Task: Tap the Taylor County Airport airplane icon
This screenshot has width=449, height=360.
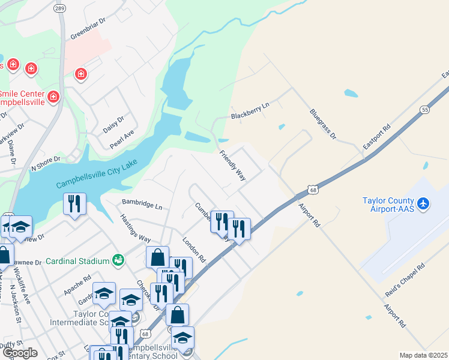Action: point(424,204)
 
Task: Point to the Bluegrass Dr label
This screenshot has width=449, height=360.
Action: point(322,124)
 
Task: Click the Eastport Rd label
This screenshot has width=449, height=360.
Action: point(377,137)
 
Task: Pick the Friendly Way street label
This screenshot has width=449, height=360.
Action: point(233,166)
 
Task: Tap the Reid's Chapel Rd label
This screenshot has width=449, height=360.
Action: point(405,278)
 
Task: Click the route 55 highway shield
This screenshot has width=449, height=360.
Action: point(424,110)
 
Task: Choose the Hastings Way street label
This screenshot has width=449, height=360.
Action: point(136,228)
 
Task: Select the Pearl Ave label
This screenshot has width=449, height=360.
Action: point(121,140)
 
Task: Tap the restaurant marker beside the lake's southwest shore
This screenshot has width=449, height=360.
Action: point(74,203)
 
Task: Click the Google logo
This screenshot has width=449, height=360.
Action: point(20,353)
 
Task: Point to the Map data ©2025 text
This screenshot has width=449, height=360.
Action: point(423,355)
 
